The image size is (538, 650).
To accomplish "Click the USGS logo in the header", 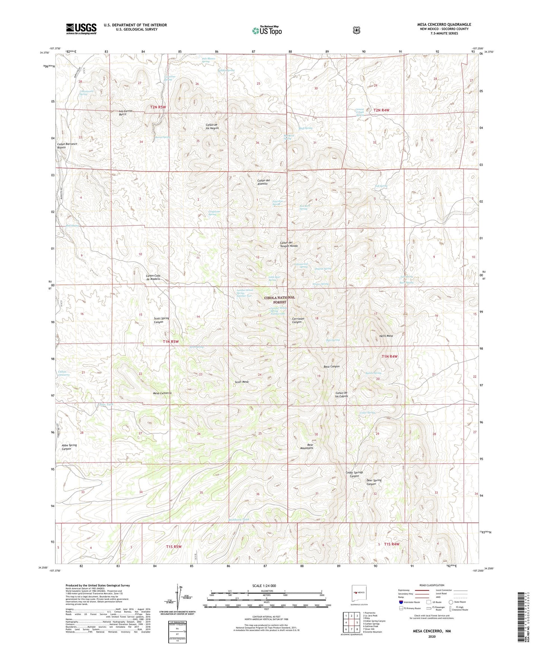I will [x=81, y=29].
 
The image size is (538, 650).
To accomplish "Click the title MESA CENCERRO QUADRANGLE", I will [x=444, y=25].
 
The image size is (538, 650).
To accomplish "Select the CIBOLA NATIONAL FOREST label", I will [x=279, y=300].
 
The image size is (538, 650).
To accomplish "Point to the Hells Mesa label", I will [x=386, y=336].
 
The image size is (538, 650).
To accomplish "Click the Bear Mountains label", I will [x=307, y=446].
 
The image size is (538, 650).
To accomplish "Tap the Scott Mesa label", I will [x=242, y=382].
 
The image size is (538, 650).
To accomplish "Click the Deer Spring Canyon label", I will [x=374, y=482].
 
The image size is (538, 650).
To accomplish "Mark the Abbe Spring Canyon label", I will [x=69, y=447].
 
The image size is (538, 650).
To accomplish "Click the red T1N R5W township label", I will [x=171, y=341].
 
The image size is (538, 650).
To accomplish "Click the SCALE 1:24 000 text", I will [x=264, y=586].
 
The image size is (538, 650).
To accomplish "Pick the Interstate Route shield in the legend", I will [x=401, y=602].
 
